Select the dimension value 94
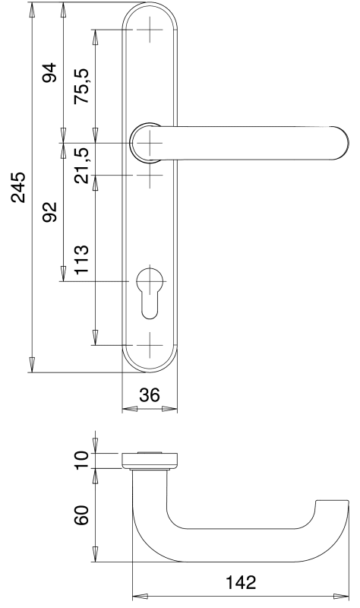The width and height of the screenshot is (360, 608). click(x=49, y=73)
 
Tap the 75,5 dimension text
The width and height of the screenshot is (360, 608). click(x=82, y=86)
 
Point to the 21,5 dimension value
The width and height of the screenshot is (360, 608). click(x=82, y=165)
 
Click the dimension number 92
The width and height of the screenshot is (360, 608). click(x=49, y=212)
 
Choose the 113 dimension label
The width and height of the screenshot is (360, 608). click(x=82, y=259)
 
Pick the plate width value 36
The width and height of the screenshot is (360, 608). click(x=149, y=395)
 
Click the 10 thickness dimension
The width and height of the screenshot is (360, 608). click(x=82, y=460)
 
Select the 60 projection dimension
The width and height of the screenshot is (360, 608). click(x=82, y=515)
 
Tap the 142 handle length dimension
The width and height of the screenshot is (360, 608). click(x=241, y=582)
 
